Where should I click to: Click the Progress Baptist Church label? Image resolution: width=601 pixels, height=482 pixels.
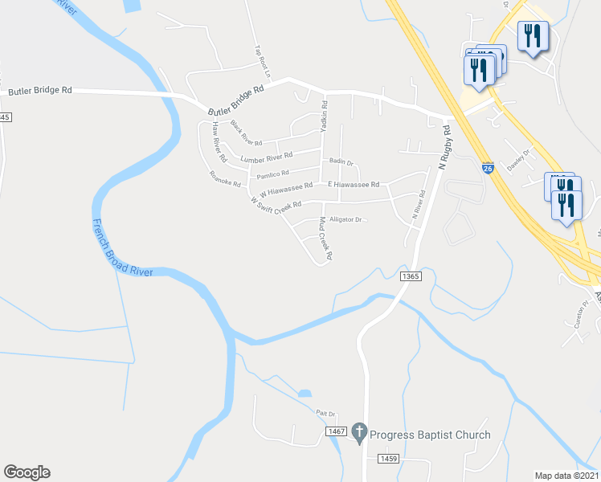coord(430,435)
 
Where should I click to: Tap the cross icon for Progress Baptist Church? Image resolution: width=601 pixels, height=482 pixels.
coord(359,435)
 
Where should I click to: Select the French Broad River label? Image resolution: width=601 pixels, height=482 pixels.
coord(122,248)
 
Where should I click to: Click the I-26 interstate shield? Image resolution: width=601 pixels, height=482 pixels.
coord(488,168)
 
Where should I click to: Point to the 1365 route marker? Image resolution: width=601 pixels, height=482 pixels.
coord(409,276)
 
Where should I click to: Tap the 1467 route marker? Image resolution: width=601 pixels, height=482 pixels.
coord(336,432)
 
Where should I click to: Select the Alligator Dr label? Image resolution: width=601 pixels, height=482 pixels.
coord(348,219)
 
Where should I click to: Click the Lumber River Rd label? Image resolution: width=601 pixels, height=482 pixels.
coord(268,156)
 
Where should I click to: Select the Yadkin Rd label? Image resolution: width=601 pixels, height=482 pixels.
coord(324,116)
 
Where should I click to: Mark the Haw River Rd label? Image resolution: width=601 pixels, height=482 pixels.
coord(215,139)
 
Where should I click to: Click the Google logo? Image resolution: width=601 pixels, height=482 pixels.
coord(27,472)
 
